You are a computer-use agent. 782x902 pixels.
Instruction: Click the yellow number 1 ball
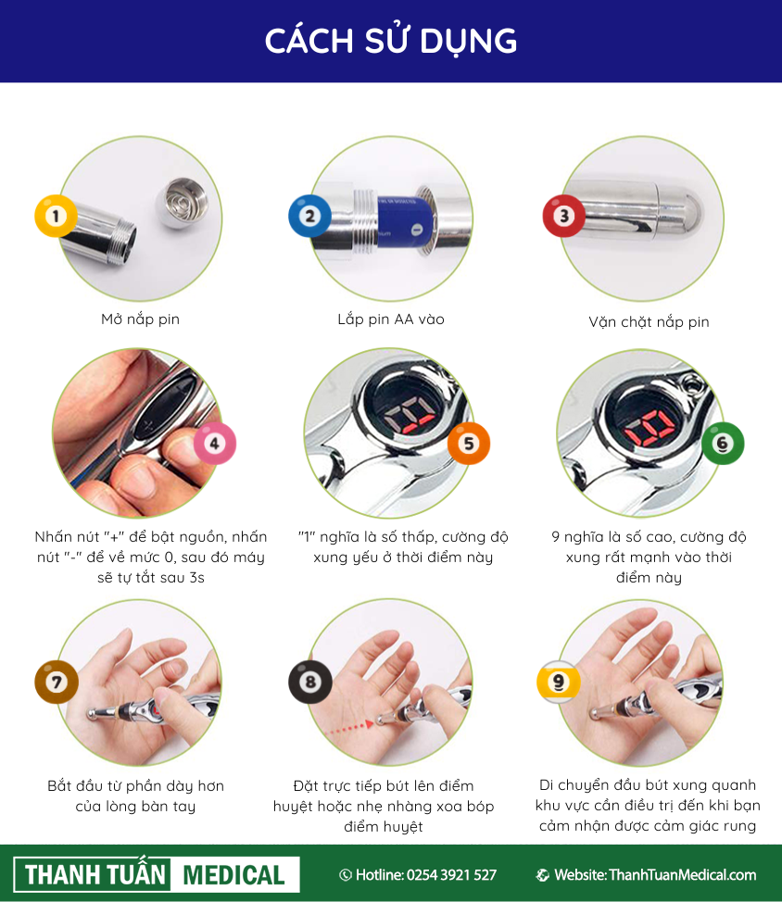tap(56, 217)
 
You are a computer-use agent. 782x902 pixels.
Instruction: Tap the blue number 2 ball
tap(309, 217)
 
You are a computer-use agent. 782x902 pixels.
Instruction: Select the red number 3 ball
tap(564, 217)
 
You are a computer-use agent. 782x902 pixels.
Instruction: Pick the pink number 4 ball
tap(215, 444)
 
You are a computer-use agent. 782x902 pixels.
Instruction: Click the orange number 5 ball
tap(469, 444)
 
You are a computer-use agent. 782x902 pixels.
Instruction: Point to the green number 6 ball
tap(723, 444)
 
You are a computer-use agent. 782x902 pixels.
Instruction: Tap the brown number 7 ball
tap(57, 683)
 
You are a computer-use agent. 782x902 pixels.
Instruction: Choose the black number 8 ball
tap(310, 683)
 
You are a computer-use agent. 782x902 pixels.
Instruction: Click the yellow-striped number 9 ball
tap(558, 683)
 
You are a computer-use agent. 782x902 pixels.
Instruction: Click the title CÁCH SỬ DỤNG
tap(391, 41)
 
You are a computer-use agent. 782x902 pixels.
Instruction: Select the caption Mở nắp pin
tap(141, 319)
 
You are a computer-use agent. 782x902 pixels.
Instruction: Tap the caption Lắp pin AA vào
tap(391, 319)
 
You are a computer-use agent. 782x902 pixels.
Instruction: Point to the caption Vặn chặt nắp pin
tap(649, 322)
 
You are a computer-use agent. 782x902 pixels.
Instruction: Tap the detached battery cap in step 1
tap(182, 203)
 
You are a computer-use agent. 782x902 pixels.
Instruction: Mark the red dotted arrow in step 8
tap(350, 728)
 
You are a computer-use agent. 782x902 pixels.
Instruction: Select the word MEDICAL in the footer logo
tap(233, 875)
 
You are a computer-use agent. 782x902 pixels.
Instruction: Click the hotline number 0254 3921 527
tap(451, 875)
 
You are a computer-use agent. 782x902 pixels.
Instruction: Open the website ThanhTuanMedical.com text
tap(683, 875)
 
